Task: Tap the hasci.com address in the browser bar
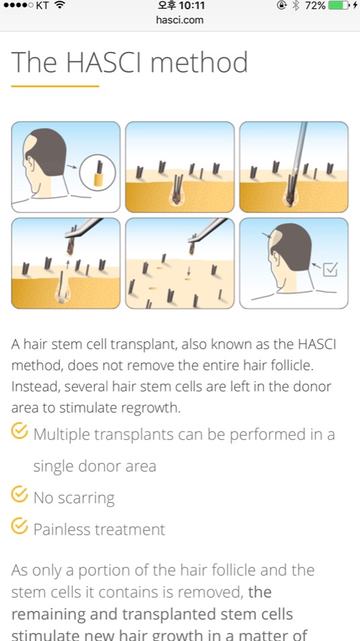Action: click(x=180, y=20)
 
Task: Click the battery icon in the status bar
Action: click(x=340, y=5)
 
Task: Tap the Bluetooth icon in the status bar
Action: click(x=297, y=5)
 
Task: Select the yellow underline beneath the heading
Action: click(x=55, y=86)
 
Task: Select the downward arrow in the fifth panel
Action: click(x=188, y=271)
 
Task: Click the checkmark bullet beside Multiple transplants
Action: click(x=20, y=432)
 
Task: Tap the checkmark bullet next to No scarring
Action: click(x=20, y=495)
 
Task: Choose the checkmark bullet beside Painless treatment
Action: click(x=20, y=527)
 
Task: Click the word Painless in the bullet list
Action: click(x=62, y=530)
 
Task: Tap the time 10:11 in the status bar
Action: click(x=192, y=5)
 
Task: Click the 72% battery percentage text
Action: click(x=316, y=5)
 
